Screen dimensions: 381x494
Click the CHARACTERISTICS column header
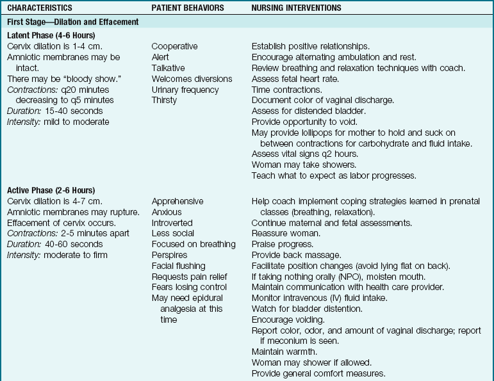pos(40,8)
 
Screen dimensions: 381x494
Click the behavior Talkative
pos(169,68)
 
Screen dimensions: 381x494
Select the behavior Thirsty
pos(164,100)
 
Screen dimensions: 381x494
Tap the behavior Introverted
pos(172,222)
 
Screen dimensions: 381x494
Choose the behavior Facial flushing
pos(178,265)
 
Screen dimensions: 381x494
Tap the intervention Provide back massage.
pos(291,255)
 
